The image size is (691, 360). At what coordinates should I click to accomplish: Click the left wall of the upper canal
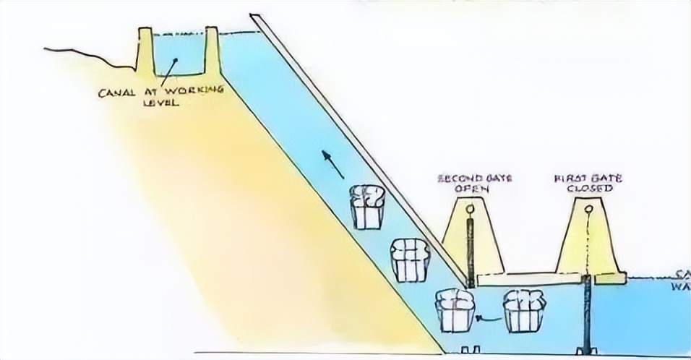(145, 51)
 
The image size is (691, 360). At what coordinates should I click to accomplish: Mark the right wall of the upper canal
(211, 51)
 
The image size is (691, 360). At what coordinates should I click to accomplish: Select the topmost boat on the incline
(368, 207)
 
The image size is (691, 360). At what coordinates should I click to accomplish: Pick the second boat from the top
(410, 259)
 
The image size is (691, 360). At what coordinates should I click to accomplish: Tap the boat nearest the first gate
(524, 311)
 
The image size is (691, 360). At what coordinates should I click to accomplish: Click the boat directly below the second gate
(455, 309)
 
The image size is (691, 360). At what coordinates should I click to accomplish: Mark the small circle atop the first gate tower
(587, 210)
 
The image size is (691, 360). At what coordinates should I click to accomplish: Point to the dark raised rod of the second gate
(471, 253)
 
